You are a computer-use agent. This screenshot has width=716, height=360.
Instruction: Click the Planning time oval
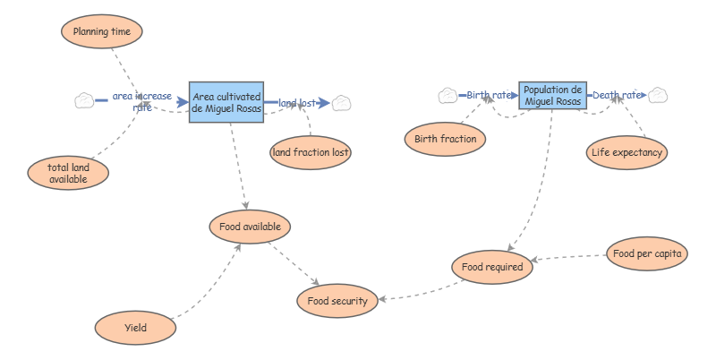tap(102, 31)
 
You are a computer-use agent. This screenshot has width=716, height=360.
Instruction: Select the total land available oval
tap(68, 174)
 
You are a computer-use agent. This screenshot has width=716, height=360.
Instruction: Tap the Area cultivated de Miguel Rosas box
tap(226, 102)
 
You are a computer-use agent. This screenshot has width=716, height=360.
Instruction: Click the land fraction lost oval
tap(311, 152)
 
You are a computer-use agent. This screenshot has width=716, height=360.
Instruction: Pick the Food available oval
tap(251, 227)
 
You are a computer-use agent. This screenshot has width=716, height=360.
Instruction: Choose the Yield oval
tap(136, 327)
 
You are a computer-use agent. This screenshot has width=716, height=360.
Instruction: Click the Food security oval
tap(337, 301)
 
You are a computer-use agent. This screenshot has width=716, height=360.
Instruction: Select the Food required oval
tap(492, 266)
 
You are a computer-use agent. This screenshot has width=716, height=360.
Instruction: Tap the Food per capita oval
tap(648, 253)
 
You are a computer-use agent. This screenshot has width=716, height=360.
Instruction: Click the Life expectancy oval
tap(626, 152)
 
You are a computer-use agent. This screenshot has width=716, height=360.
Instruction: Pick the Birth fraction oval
tap(446, 139)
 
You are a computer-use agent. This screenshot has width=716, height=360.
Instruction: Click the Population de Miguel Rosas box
tap(553, 95)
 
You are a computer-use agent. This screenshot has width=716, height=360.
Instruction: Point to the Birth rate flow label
tap(490, 95)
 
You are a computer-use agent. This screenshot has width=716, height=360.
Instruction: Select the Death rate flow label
tap(618, 95)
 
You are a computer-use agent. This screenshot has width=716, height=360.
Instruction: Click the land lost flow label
tap(297, 103)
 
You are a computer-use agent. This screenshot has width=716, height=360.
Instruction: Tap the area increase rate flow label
tap(142, 101)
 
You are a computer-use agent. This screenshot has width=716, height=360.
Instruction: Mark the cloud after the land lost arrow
tap(340, 103)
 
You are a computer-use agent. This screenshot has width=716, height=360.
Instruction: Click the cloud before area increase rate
tap(84, 100)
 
